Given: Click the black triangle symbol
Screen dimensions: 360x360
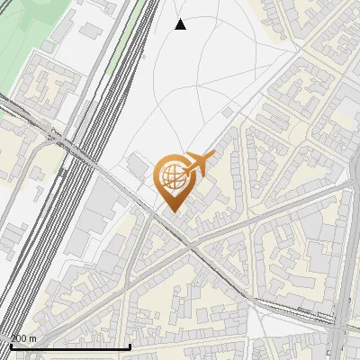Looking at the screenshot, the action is coord(181,24).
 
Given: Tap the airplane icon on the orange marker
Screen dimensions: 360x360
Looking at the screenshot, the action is coord(199,165).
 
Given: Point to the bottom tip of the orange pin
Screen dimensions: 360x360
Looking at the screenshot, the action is coord(170,211).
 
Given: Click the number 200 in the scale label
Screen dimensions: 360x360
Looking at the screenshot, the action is coord(19,338).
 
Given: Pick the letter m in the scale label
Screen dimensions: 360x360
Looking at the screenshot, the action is coord(33,338).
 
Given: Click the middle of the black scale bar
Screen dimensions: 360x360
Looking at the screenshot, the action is coord(69,346).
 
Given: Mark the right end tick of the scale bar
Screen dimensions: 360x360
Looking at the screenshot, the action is coord(130,346).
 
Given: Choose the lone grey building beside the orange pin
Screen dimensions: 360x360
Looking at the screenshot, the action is coord(137,165).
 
